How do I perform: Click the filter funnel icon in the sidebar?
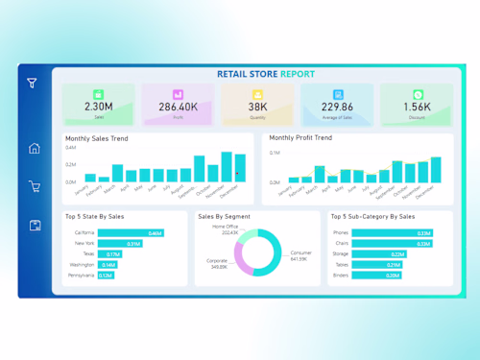coord(33,84)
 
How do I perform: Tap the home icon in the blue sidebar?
coord(35,148)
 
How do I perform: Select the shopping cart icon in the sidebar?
coord(35,187)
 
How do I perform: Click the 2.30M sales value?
coord(99,107)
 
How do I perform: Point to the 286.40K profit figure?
coord(179,107)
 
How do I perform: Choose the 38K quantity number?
coord(257,107)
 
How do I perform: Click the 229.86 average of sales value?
coord(337,107)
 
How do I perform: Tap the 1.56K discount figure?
coord(417,107)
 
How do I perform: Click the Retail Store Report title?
coord(266,74)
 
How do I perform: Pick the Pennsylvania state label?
coord(80,276)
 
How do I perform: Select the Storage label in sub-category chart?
coord(340,254)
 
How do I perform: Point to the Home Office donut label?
coord(224,228)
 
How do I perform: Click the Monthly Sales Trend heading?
coord(96,138)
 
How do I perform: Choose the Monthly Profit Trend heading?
coord(300,138)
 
